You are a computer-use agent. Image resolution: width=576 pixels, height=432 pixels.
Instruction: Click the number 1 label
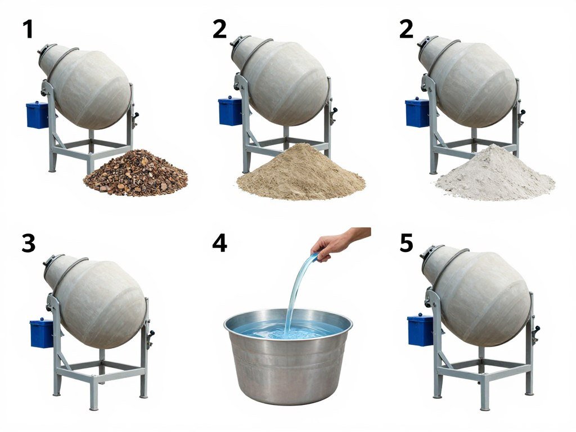click(x=28, y=29)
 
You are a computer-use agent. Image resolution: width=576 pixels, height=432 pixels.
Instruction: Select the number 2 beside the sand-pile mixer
click(x=220, y=29)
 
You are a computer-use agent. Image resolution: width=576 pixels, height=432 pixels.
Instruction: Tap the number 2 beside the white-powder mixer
click(x=406, y=29)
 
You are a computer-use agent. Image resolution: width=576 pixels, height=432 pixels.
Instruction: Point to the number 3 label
click(x=28, y=243)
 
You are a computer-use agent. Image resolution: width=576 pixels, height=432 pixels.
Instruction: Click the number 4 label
click(x=219, y=243)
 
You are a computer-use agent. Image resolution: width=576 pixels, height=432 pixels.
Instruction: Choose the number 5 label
click(x=406, y=243)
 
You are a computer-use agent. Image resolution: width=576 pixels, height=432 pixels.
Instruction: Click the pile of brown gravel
click(x=136, y=174)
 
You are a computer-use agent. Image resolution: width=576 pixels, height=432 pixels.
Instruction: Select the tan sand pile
click(x=301, y=174)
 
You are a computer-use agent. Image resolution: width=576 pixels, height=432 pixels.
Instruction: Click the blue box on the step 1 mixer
click(x=37, y=115)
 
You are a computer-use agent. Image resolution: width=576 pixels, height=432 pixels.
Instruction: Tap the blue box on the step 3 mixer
click(x=41, y=333)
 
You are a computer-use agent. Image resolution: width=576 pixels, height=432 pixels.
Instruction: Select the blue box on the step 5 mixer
click(x=420, y=330)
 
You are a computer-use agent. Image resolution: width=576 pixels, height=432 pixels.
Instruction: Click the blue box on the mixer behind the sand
click(x=229, y=111)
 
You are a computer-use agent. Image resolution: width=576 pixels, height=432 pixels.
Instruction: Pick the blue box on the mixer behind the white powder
click(x=417, y=112)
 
